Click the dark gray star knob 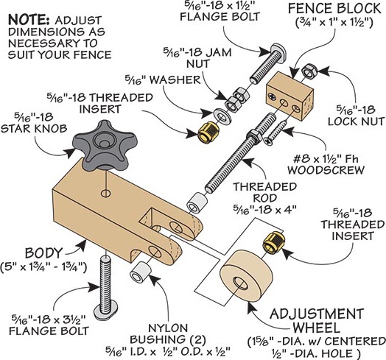coord(105,146)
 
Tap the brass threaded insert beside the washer coord(208,133)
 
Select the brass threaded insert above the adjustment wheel coord(273,242)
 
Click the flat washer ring coord(222,115)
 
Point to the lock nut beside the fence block coord(310,71)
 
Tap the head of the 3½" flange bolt coord(106,310)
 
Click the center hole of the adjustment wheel coord(241,283)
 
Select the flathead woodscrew coord(276,132)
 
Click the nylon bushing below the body coord(140,272)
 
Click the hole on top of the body coord(105,194)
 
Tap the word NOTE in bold coord(29,20)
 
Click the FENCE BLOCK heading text coord(334,9)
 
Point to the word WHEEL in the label coord(316,328)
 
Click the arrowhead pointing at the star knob coord(70,152)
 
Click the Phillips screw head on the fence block coord(273,96)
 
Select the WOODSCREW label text coord(326,170)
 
